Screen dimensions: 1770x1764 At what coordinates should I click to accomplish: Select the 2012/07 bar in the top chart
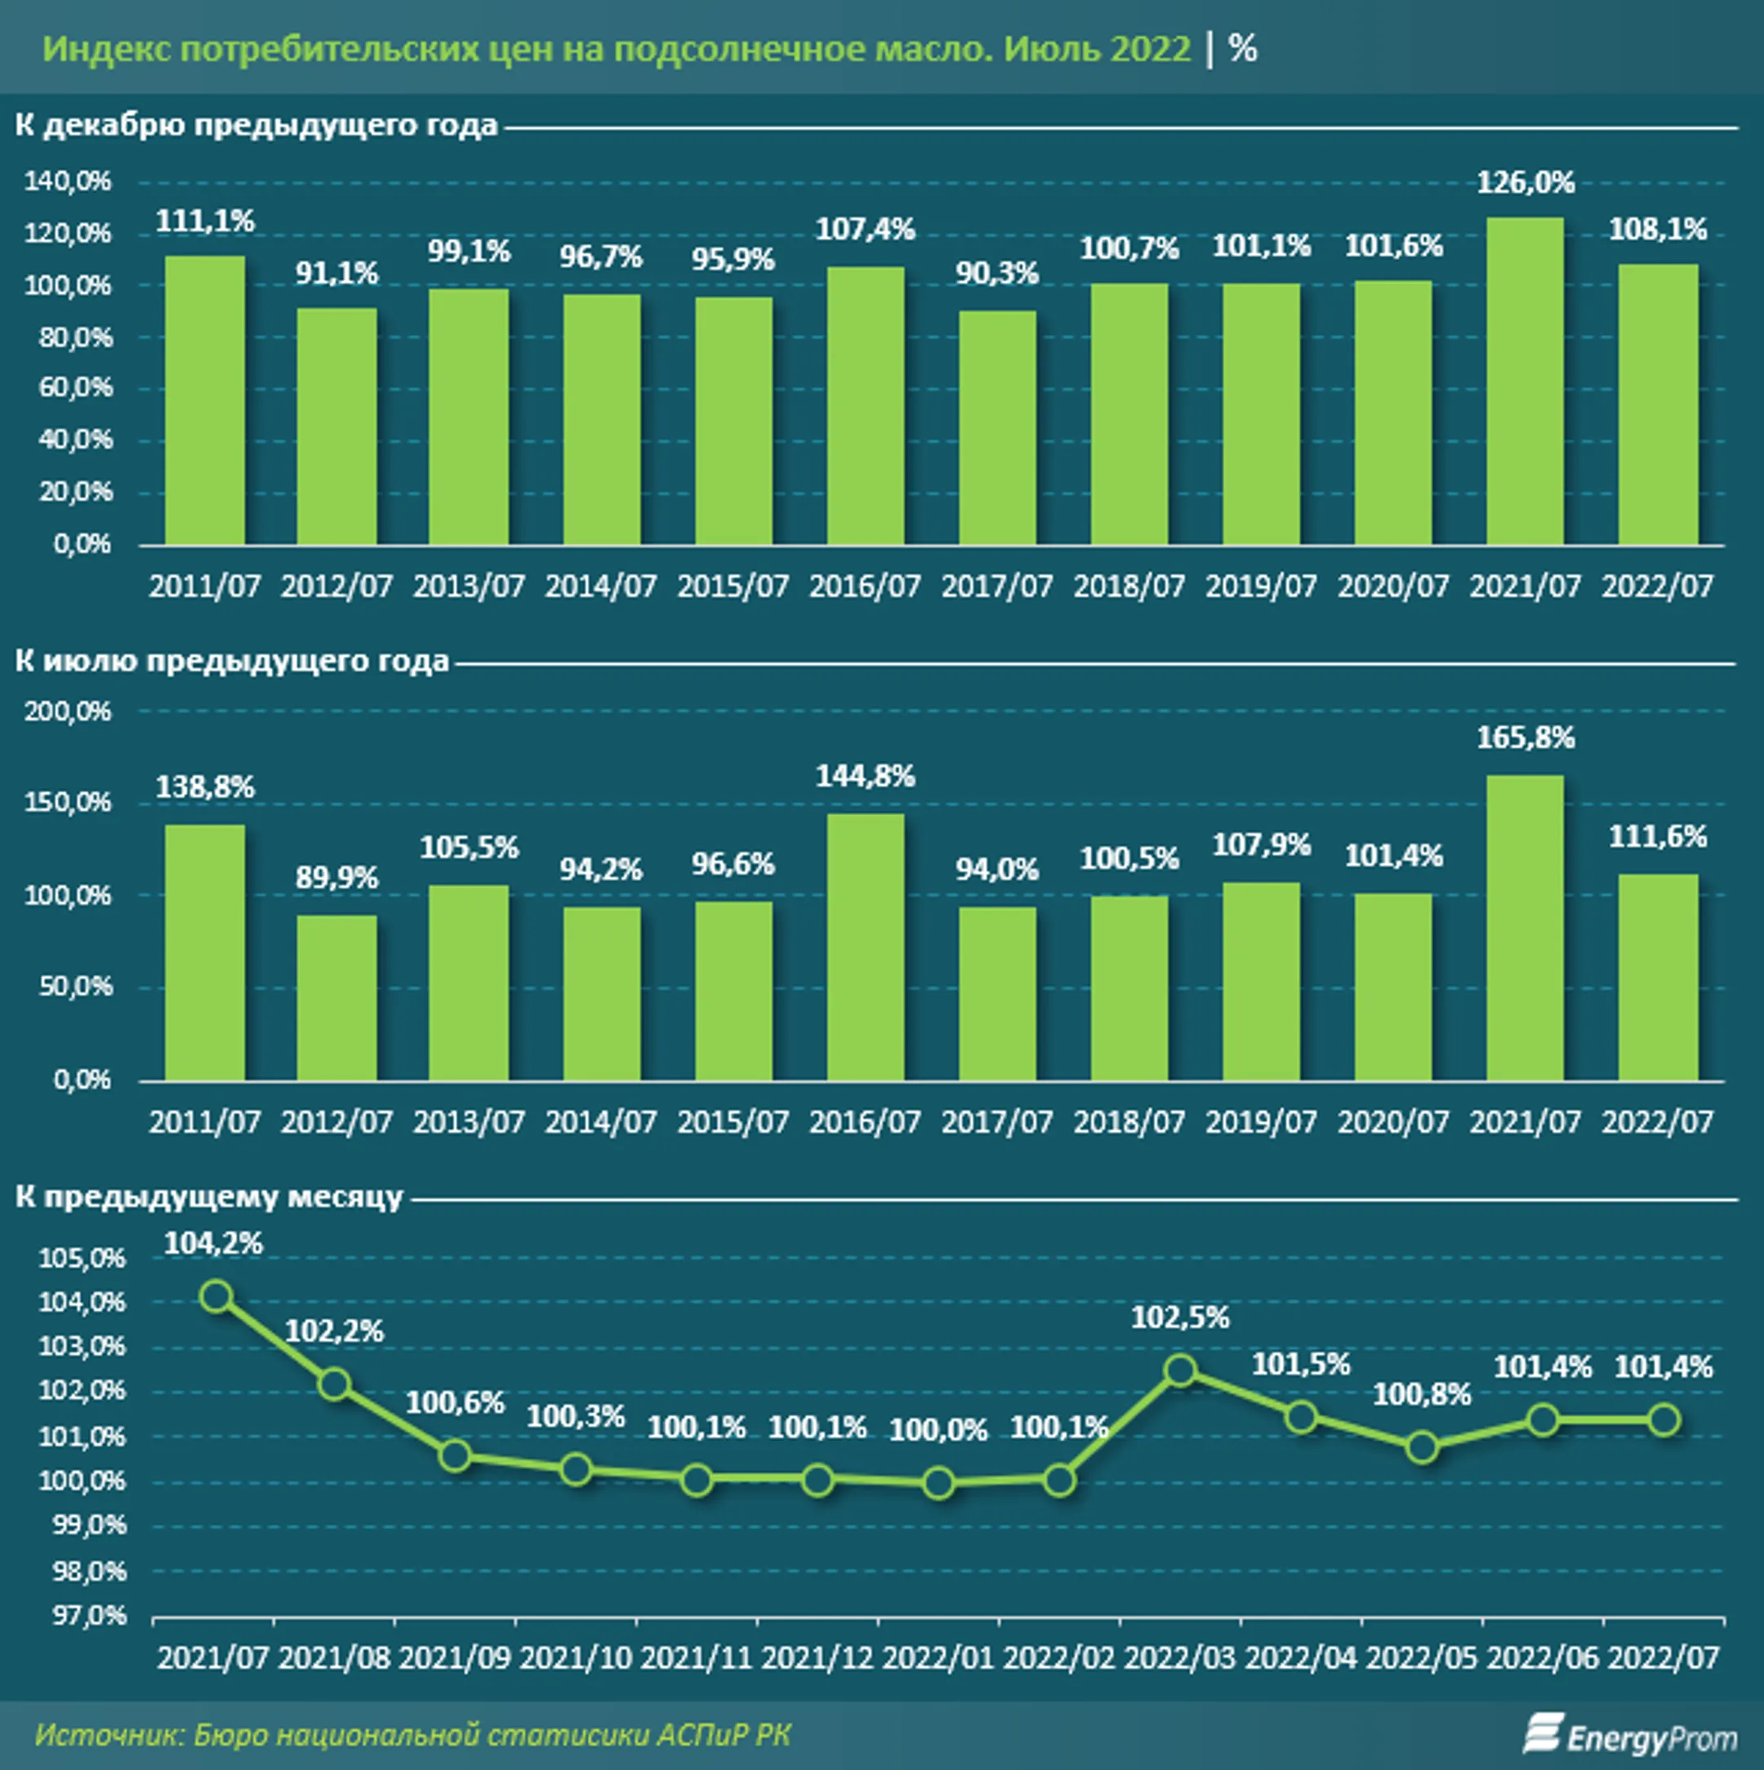336,426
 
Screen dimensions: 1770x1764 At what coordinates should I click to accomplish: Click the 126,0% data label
1525,183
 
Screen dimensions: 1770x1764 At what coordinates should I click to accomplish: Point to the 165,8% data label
1525,738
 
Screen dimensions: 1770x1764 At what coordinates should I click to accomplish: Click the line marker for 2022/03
1181,1371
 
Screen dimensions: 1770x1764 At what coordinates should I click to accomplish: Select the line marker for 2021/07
216,1296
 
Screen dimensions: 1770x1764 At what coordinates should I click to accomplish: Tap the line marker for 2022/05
1422,1447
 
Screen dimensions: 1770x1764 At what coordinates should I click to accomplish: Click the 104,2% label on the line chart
213,1243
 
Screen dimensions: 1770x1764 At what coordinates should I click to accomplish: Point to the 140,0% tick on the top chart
67,181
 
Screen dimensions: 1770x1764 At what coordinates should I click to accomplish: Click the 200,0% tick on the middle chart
67,711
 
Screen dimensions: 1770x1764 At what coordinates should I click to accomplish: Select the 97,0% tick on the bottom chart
89,1615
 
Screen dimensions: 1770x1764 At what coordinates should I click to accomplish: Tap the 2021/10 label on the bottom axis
575,1658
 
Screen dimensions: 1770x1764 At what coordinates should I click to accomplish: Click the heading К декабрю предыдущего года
256,126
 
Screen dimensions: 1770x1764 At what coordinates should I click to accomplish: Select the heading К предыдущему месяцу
209,1197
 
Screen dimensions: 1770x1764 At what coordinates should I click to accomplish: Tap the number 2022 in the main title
1149,48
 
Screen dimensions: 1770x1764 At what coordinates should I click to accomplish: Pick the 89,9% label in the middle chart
336,878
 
